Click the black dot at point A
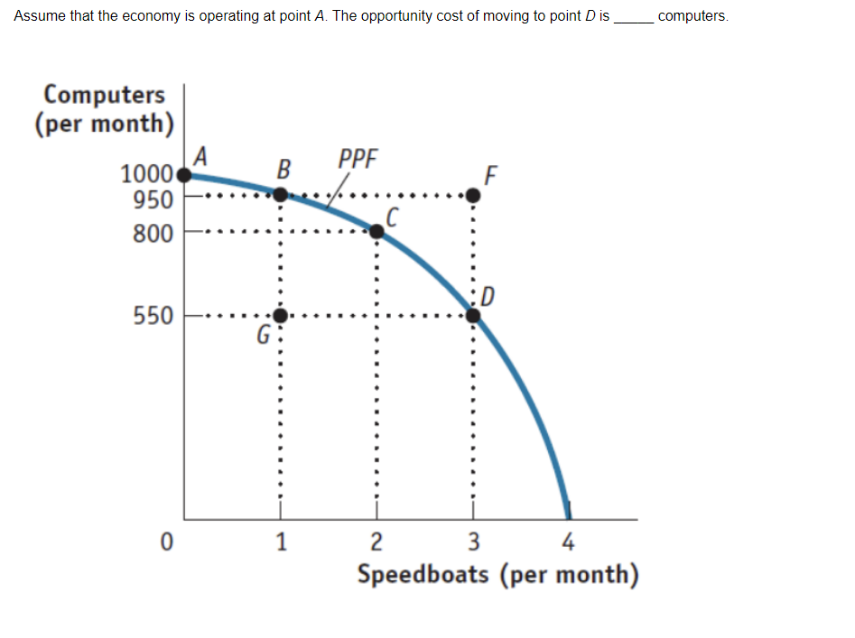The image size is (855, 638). [185, 175]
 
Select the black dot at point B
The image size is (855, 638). [281, 194]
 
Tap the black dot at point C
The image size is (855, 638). [376, 232]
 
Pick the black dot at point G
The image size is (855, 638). [281, 316]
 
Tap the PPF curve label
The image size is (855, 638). [358, 160]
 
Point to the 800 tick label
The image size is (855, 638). [153, 234]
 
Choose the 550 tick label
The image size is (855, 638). [153, 317]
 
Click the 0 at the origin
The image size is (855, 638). [165, 543]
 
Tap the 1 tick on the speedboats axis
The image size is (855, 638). [282, 542]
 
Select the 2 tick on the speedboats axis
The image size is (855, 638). [377, 542]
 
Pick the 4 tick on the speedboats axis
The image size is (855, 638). [568, 542]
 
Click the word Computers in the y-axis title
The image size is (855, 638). [105, 94]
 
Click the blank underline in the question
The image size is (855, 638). [633, 18]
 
